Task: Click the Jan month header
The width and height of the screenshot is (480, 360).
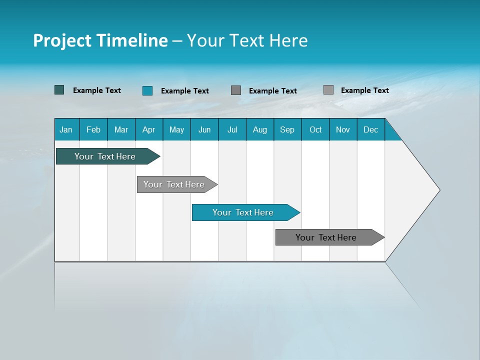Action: [66, 129]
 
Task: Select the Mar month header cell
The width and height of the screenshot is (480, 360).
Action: [121, 129]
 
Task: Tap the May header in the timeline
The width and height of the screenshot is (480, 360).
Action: [176, 129]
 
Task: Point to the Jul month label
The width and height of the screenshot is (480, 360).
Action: [232, 129]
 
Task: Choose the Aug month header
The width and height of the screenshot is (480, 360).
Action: [259, 129]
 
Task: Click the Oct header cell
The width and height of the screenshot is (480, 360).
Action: [315, 129]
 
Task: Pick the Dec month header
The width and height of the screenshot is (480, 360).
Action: [370, 129]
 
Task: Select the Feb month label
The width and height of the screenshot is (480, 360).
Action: [93, 129]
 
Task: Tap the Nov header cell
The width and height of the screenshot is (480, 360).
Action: [343, 129]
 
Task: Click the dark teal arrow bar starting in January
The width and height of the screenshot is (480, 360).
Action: [105, 156]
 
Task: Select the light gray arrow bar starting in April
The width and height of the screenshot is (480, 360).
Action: [174, 184]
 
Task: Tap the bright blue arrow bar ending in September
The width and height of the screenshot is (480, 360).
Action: [243, 212]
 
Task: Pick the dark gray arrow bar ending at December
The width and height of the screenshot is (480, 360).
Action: [326, 237]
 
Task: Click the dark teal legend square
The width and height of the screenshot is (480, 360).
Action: [59, 90]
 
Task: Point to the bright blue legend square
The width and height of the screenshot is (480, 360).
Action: [147, 90]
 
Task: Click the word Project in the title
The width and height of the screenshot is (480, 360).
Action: [62, 40]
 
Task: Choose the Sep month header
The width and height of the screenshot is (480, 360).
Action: [287, 129]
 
